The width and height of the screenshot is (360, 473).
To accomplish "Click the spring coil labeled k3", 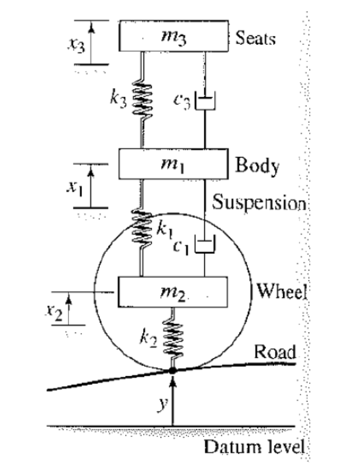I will (x=142, y=101).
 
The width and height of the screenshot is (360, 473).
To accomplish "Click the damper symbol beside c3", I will (x=205, y=102).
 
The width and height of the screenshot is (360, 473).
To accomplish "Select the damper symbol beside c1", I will (x=205, y=244).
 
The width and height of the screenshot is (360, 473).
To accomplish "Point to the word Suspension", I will (x=260, y=204).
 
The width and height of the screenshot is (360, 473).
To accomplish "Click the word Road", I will (x=274, y=353).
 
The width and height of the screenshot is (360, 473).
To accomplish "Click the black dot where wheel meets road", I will (x=172, y=371).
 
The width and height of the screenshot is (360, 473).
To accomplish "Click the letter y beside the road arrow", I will (x=159, y=403).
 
